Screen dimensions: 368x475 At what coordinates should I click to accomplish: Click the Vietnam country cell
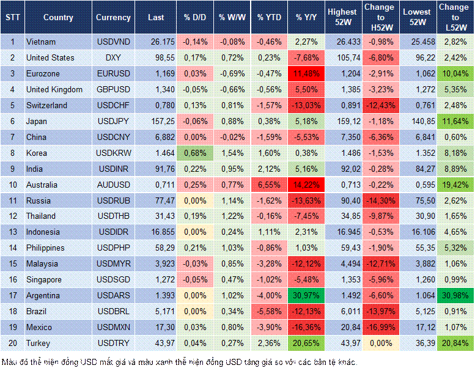coord(41,42)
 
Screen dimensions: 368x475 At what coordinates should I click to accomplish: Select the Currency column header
coord(113,18)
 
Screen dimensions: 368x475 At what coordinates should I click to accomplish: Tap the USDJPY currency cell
coord(113,121)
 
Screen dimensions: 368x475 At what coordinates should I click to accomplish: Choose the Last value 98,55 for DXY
coord(156,57)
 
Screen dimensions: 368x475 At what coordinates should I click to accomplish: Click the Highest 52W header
coord(342,18)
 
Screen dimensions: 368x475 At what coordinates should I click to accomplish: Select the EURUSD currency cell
coord(113,73)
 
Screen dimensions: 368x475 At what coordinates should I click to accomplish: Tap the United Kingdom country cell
coord(54,89)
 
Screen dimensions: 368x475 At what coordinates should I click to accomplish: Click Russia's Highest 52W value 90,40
coord(342,201)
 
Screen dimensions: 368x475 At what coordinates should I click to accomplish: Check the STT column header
coord(12,18)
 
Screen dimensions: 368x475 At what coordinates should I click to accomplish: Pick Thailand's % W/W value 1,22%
coord(232,216)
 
